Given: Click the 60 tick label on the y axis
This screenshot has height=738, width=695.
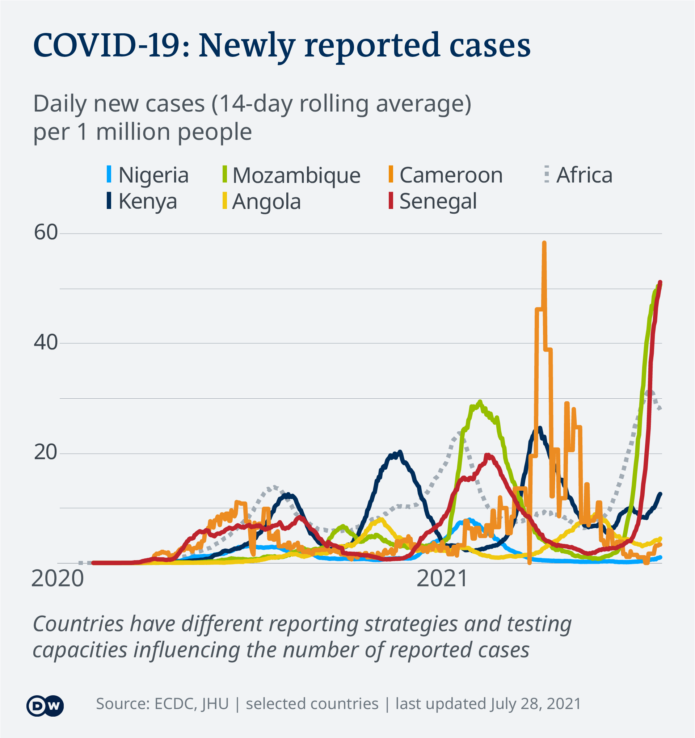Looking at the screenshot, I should pos(46,233).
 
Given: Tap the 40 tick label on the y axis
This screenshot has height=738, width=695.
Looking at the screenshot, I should pos(46,342).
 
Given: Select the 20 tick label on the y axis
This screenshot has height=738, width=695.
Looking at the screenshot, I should pos(46,453).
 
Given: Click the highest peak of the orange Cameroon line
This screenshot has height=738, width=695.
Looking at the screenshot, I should pos(544,243).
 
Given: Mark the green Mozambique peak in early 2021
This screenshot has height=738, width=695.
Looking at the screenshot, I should pos(480,402).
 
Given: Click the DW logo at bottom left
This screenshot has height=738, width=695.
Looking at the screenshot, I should pos(45,706).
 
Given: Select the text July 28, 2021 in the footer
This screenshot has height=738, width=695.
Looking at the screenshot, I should pos(535,704).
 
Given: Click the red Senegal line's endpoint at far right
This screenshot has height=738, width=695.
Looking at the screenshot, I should pos(660,282).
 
